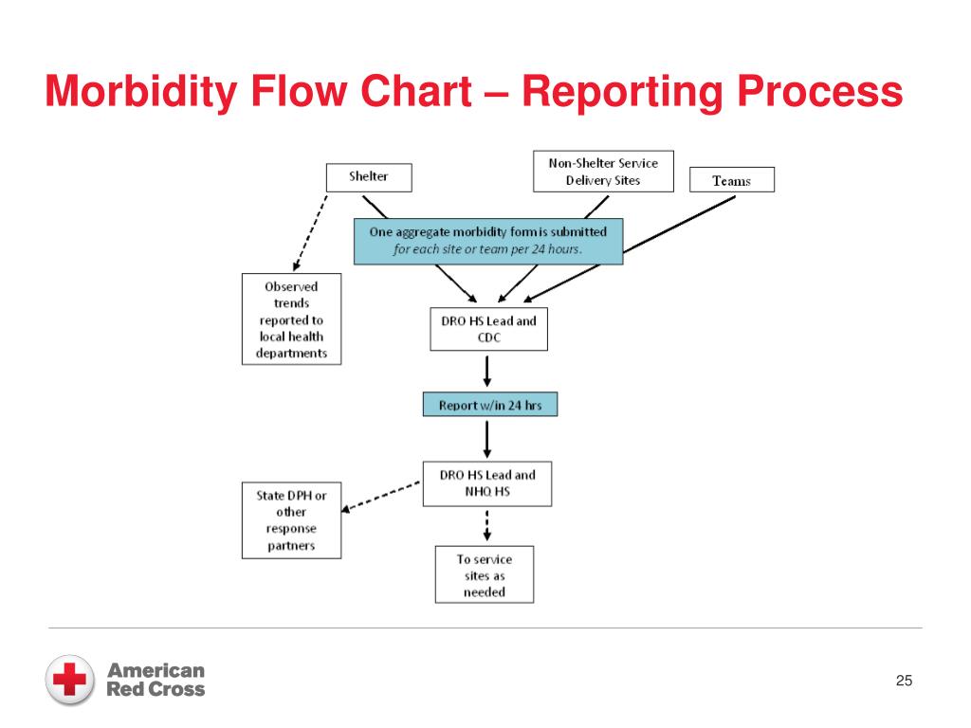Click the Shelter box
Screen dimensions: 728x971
[368, 176]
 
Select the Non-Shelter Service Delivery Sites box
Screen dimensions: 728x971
[602, 172]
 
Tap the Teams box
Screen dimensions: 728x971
[730, 180]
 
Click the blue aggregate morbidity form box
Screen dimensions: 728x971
[488, 241]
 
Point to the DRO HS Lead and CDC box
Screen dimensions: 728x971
[488, 329]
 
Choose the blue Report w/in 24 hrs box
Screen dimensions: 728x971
[489, 405]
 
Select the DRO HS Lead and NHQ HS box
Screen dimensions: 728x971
[487, 483]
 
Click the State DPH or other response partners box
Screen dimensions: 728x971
[291, 520]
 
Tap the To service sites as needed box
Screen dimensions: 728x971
[484, 574]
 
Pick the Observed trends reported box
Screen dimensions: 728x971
[291, 319]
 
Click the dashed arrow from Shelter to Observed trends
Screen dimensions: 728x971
[309, 233]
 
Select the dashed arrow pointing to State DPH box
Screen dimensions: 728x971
[381, 495]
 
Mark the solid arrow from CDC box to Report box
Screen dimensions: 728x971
[487, 372]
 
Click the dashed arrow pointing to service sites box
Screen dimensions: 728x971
[486, 525]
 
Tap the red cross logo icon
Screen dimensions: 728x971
[70, 680]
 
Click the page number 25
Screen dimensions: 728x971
[903, 682]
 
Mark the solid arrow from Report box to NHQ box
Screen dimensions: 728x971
[487, 438]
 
